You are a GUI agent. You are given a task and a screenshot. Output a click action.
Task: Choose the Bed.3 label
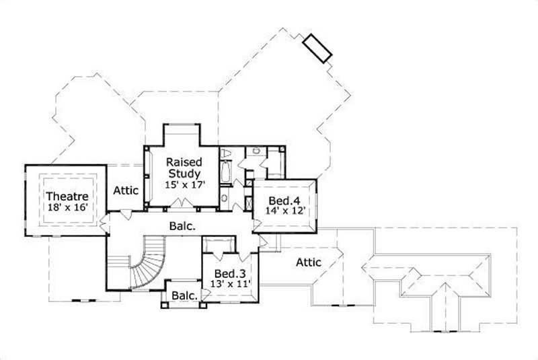tap(229, 274)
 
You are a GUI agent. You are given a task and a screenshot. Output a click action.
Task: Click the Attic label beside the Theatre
tap(125, 190)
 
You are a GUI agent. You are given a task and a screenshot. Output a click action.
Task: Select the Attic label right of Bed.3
tap(309, 262)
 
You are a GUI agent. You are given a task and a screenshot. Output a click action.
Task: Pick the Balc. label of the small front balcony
tap(183, 295)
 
